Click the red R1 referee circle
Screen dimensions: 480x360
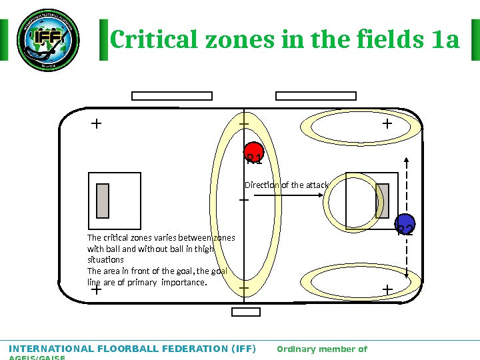tap(253, 153)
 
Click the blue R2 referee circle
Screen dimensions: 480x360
tap(405, 225)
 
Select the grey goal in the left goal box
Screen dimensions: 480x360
tap(103, 201)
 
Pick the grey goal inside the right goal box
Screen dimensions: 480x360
tap(382, 201)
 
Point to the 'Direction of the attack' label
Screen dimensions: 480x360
tap(286, 185)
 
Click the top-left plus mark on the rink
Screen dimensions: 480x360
tap(96, 123)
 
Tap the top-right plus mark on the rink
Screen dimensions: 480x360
tap(387, 123)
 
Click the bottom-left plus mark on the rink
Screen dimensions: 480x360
tap(96, 290)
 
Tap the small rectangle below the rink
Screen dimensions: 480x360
tap(245, 311)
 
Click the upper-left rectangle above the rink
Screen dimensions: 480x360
tap(162, 95)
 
